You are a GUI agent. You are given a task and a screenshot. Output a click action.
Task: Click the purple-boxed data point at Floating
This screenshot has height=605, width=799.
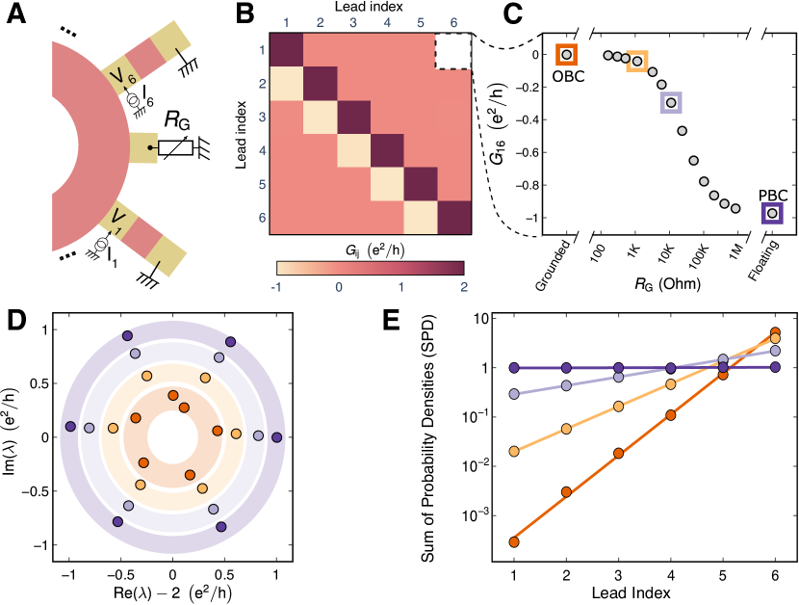point(772,213)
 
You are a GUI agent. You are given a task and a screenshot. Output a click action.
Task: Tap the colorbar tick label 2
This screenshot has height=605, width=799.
point(464,285)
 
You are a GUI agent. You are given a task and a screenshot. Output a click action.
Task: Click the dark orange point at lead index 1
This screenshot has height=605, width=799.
point(514,541)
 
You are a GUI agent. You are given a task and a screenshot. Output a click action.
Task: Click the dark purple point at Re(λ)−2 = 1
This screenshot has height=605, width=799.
point(277,437)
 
